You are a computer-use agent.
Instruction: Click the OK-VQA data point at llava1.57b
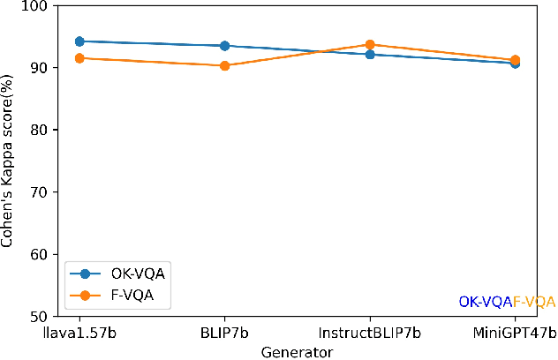tap(79, 41)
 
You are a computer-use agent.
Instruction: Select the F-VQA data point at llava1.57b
tap(79, 58)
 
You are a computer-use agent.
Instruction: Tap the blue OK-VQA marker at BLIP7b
tap(224, 46)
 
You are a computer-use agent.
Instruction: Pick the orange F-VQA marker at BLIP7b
tap(224, 65)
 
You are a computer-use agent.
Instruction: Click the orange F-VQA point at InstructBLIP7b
tap(370, 44)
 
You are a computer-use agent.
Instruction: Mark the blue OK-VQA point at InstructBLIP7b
tap(370, 55)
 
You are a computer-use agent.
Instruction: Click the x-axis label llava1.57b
tap(79, 333)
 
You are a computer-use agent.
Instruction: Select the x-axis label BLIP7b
tap(224, 333)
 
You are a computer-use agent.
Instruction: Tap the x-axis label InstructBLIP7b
tap(370, 333)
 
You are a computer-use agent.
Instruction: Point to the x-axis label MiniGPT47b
tap(515, 333)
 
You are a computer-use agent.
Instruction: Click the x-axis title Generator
tap(297, 351)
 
